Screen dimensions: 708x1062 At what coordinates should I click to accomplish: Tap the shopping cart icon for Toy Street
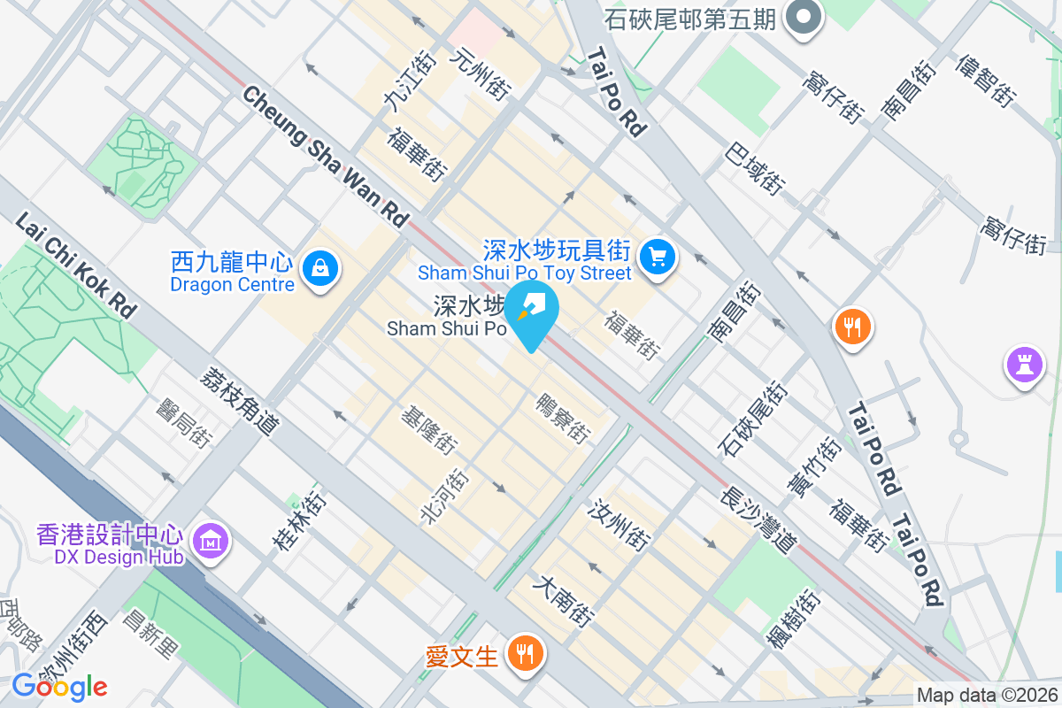tap(657, 258)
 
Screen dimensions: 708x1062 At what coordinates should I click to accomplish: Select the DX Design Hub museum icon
tap(212, 540)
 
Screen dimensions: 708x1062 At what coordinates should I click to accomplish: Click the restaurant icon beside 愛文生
tap(526, 654)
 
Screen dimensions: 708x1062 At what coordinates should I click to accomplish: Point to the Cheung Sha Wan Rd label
tap(327, 156)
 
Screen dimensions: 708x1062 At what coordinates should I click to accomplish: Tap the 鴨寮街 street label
tap(563, 418)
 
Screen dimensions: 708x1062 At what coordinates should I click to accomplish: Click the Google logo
tap(59, 686)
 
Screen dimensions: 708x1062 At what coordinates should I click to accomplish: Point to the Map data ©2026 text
tap(987, 695)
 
